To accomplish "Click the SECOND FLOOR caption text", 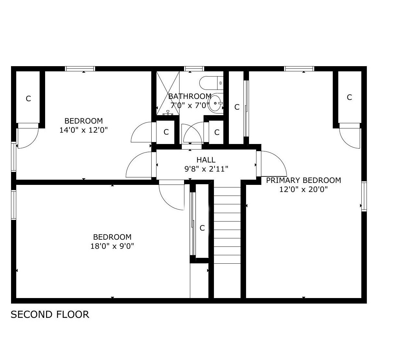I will pos(50,315).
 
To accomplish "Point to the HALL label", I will pos(206,160).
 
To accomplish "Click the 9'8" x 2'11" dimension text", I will pos(206,169).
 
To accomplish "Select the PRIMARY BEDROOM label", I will pos(303,180).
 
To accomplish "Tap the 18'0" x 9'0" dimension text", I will pos(112,246).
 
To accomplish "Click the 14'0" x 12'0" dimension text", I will pos(83,130).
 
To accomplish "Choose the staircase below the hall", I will pos(227,240).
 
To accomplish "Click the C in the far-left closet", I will pos(28,99).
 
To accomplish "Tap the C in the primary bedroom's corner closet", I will pos(349,97).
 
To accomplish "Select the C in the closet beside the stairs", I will pos(202,228).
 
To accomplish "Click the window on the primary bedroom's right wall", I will pos(364,197).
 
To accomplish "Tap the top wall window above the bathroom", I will pos(194,68).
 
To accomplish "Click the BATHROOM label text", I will pos(190,96).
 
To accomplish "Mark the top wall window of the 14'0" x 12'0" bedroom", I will pos(80,68).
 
